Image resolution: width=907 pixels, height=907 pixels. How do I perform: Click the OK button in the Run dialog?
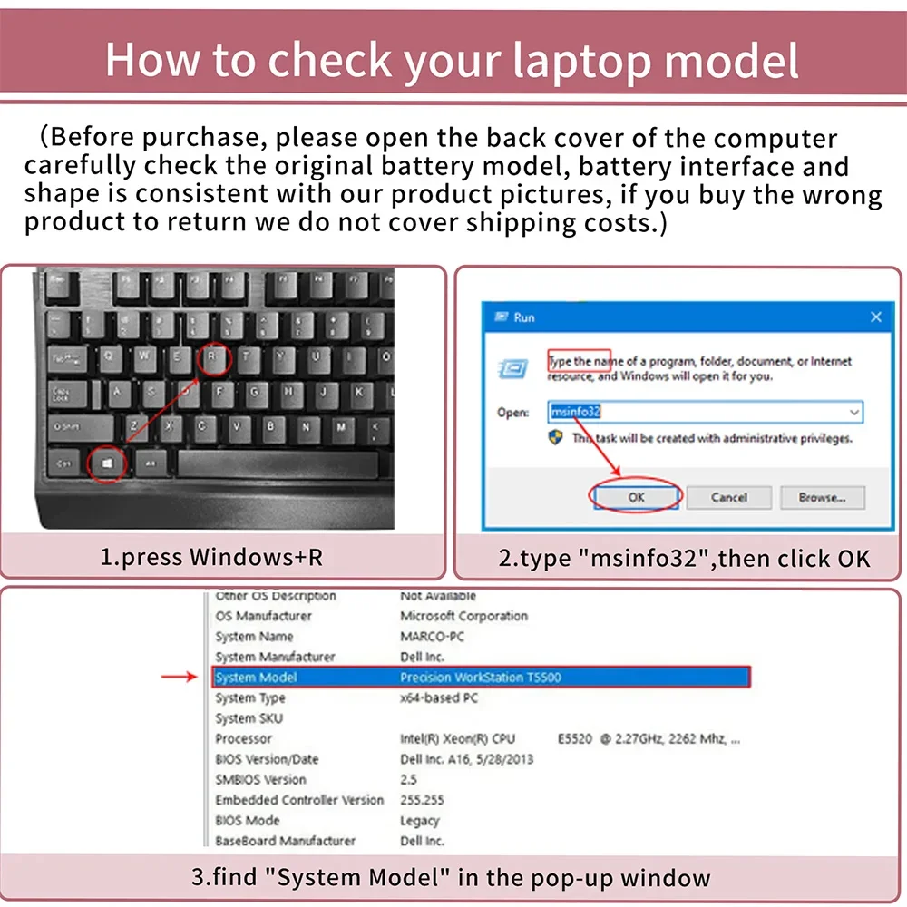click(x=636, y=497)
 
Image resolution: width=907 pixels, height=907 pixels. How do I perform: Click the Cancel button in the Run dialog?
click(x=728, y=497)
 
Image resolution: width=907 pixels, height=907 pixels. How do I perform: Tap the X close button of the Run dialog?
click(x=875, y=317)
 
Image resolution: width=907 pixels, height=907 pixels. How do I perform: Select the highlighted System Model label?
click(x=257, y=678)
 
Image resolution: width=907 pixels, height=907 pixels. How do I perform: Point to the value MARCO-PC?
click(x=433, y=637)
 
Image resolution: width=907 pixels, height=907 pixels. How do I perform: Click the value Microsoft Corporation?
click(x=463, y=616)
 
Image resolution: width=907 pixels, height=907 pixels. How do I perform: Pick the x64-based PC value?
click(x=439, y=698)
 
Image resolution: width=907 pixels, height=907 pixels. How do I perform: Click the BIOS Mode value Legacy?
click(x=420, y=821)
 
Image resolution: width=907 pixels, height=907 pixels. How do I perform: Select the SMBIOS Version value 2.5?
click(x=409, y=780)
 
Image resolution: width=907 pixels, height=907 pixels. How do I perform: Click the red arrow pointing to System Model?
click(x=179, y=677)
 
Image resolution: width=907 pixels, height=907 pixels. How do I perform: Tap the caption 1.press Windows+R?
click(x=211, y=556)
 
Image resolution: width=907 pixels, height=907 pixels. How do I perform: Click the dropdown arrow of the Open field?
click(x=853, y=413)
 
